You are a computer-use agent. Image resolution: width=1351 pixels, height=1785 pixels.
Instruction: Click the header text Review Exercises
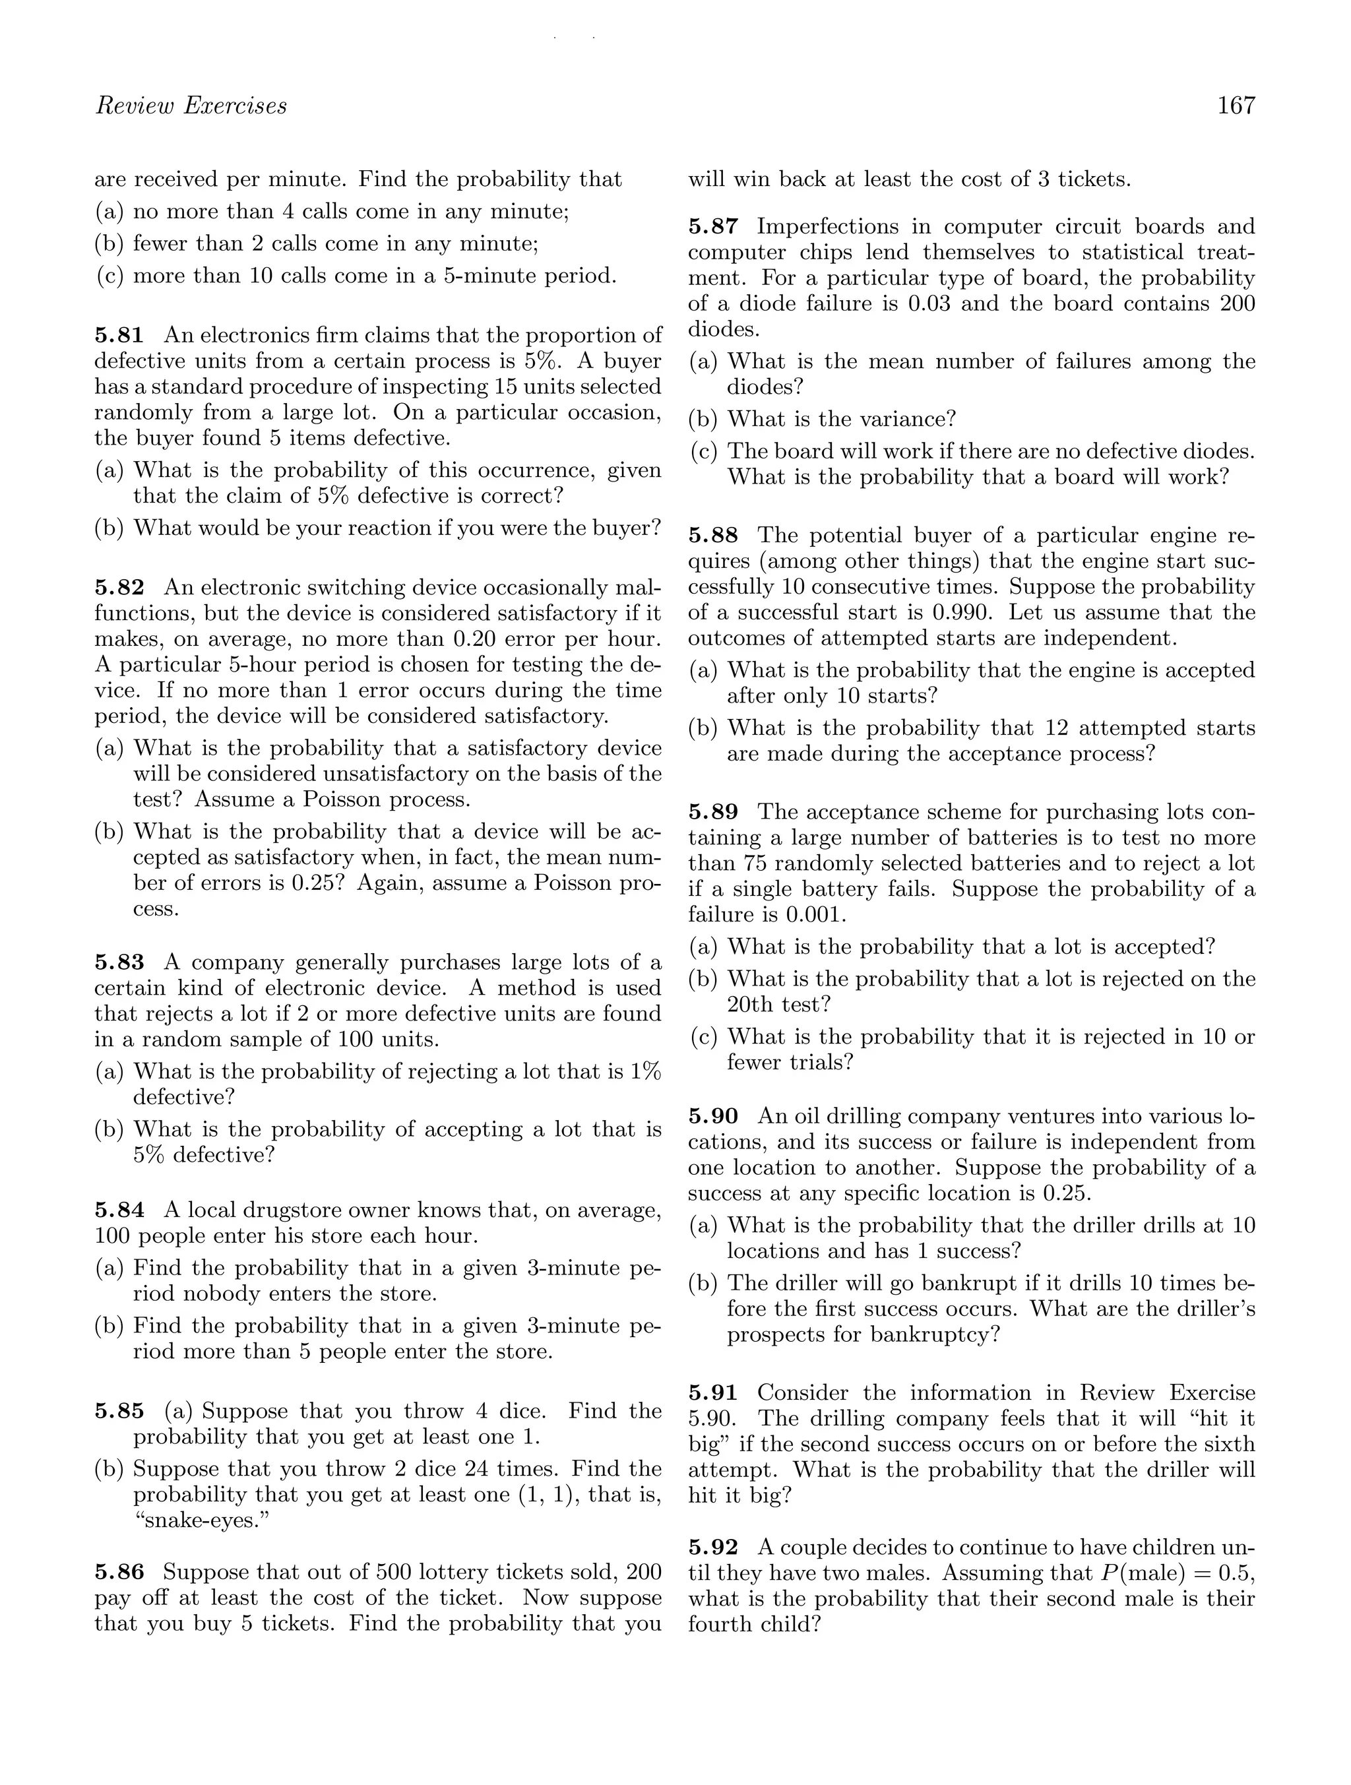tap(191, 106)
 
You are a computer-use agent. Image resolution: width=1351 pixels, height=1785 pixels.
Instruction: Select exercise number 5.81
tap(119, 335)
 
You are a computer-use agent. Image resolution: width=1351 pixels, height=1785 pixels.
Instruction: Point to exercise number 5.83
tap(119, 962)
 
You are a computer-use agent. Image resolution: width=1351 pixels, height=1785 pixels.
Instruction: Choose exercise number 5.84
tap(119, 1210)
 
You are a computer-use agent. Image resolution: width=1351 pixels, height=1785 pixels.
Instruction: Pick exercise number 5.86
tap(119, 1572)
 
